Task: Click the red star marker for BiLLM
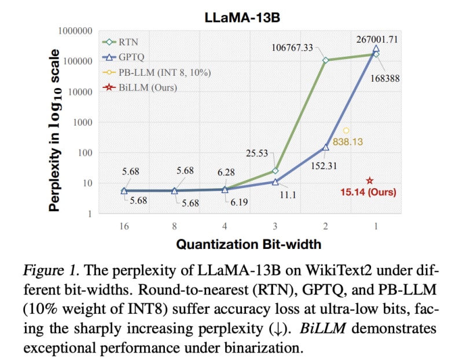click(370, 181)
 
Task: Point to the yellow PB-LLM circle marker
click(346, 131)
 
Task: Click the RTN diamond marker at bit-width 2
click(326, 60)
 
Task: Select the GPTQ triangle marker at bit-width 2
click(326, 147)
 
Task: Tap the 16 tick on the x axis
click(124, 226)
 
